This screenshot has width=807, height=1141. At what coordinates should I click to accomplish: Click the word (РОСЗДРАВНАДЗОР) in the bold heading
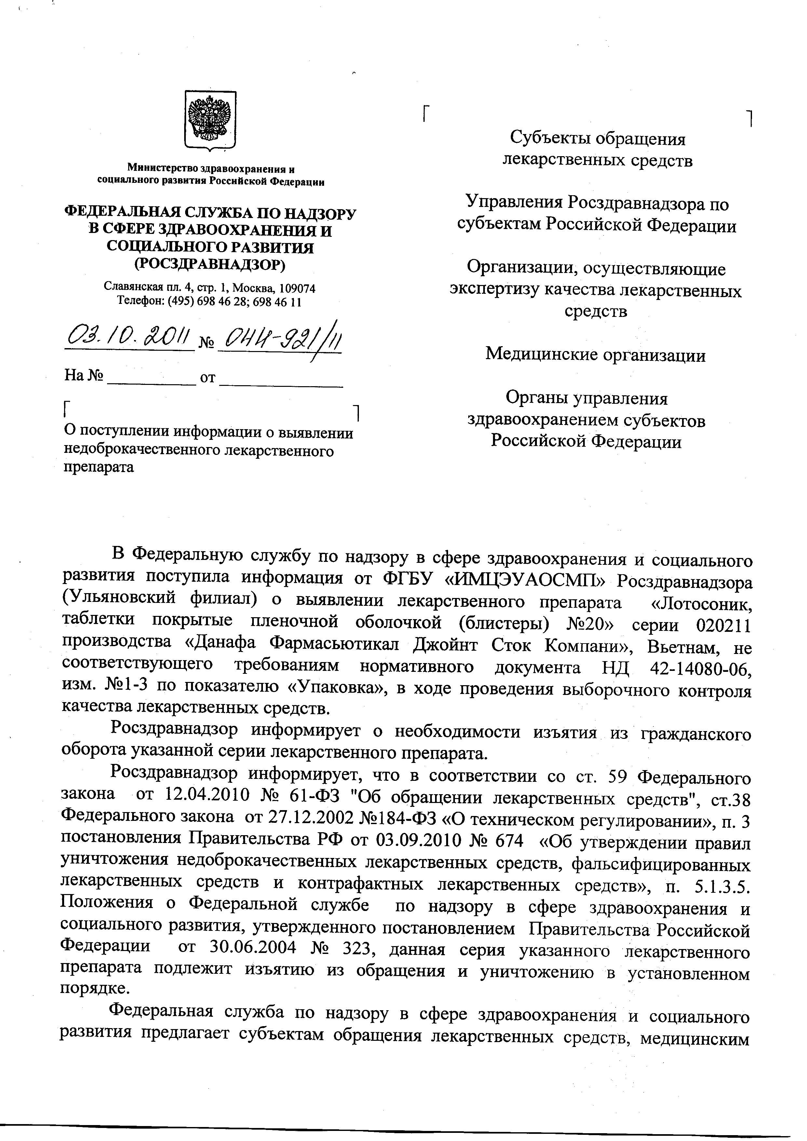click(210, 265)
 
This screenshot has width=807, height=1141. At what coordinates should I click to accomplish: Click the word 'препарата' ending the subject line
click(99, 467)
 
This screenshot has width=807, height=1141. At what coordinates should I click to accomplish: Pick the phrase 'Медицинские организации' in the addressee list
click(595, 355)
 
